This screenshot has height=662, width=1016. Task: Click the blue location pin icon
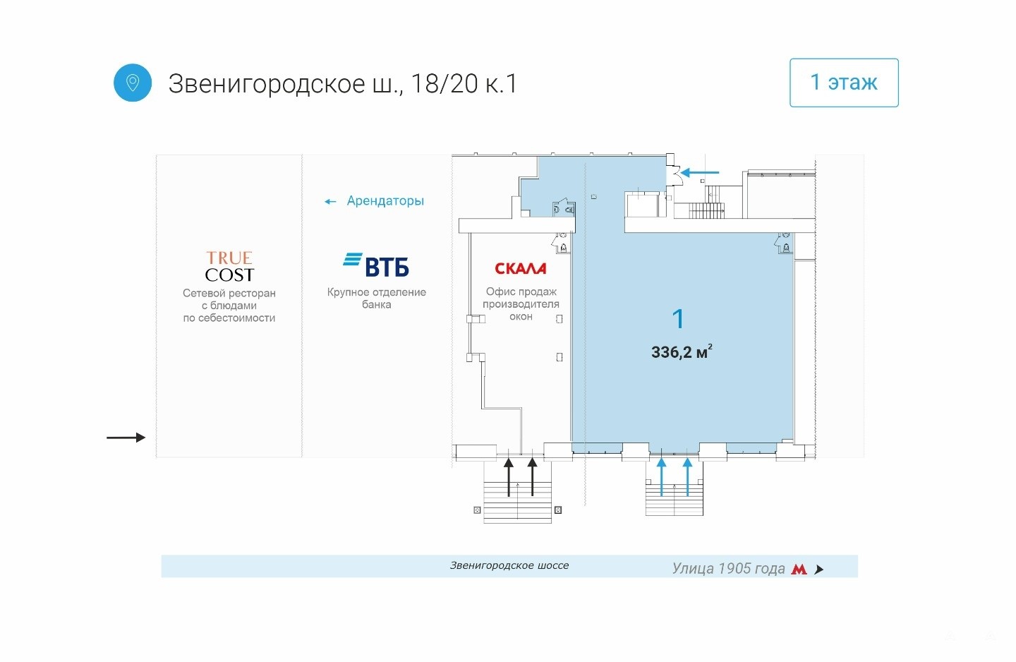[133, 83]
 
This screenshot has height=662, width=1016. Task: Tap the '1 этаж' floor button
[844, 83]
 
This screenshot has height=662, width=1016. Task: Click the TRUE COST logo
[229, 267]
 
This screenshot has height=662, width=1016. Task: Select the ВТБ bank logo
[376, 265]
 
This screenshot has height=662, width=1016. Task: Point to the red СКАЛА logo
[520, 269]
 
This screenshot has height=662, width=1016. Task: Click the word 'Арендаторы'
[385, 200]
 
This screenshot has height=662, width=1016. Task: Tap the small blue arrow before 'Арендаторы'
[330, 201]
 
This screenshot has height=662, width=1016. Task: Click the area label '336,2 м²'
[682, 351]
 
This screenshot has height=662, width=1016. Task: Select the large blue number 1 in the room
[678, 318]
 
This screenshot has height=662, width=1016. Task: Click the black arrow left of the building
[126, 438]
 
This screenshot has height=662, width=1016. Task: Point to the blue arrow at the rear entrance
[700, 172]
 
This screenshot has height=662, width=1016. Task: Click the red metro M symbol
[799, 569]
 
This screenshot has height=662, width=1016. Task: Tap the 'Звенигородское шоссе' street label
[509, 565]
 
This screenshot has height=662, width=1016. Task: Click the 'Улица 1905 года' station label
[728, 569]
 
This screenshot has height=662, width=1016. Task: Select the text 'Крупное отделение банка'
[377, 298]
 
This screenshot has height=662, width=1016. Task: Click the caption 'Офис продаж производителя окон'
[521, 304]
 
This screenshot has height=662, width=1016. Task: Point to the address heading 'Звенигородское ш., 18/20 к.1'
[342, 84]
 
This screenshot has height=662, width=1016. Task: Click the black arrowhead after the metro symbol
[818, 569]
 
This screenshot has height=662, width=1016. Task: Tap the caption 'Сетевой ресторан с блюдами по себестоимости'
[229, 306]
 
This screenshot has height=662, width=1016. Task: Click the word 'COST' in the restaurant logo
[229, 275]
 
